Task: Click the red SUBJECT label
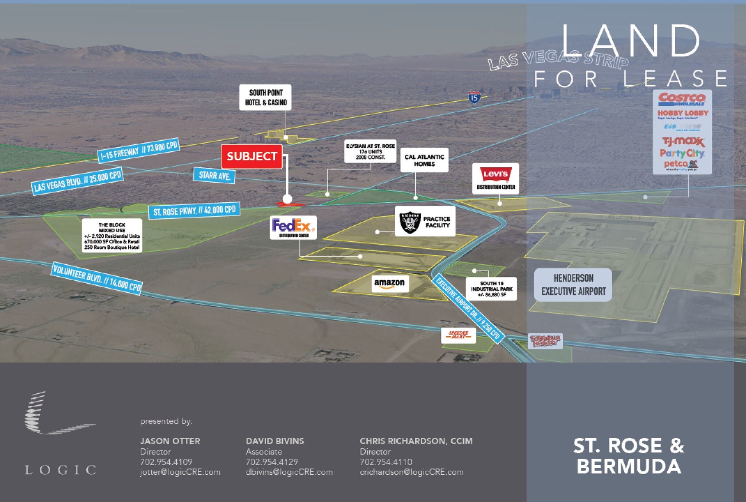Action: coord(252,156)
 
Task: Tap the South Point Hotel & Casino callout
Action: coord(266,98)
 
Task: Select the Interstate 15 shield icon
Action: coord(474,98)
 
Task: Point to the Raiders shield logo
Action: coord(410,222)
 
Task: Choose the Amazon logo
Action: coord(389,283)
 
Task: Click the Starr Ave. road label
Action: coord(214,176)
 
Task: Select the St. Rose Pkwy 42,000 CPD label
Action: coord(194,211)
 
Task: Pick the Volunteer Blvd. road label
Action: coord(97,278)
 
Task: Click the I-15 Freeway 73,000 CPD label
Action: coord(138,150)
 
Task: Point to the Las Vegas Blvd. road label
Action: coord(78,182)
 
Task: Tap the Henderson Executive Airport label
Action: coord(573,285)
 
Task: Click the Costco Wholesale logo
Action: coord(682,100)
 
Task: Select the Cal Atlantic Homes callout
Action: coord(424,160)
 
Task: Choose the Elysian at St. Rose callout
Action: coord(370,152)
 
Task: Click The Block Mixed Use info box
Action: coord(112,236)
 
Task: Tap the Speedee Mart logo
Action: coord(458,335)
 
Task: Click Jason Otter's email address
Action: coord(180,472)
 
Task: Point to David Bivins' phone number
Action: coord(272,462)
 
